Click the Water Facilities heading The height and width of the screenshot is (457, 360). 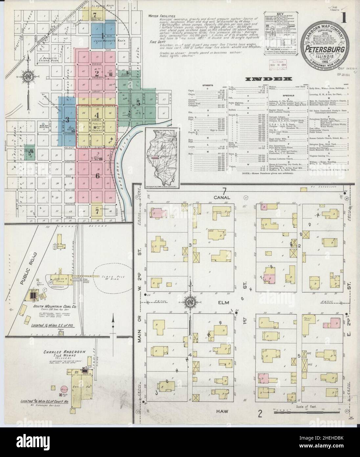pos(161,16)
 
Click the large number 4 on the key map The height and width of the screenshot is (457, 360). pos(97,115)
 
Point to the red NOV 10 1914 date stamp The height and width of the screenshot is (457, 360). pos(277,63)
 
